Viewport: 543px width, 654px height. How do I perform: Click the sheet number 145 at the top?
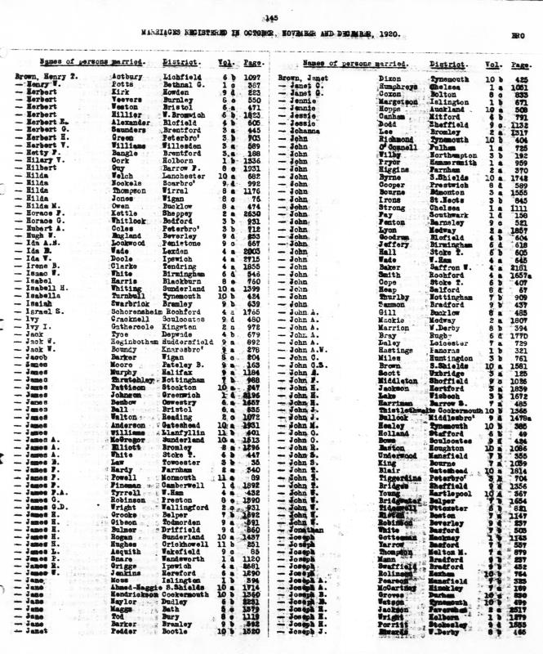point(271,18)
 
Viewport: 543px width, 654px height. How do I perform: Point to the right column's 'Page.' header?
point(518,63)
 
